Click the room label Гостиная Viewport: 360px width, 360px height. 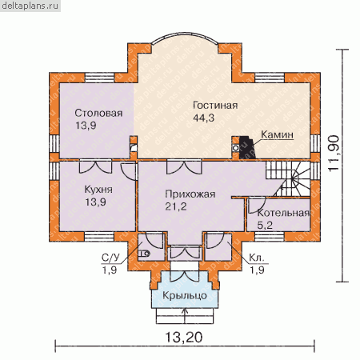click(215, 106)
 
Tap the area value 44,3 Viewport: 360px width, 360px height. click(203, 118)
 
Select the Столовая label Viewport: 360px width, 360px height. click(98, 113)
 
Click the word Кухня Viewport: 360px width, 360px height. click(98, 190)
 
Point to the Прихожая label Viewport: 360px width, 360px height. click(190, 194)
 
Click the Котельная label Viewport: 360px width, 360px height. click(283, 213)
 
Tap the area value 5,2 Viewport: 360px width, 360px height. click(265, 226)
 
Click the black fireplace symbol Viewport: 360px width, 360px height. click(247, 148)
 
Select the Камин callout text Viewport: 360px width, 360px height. click(277, 134)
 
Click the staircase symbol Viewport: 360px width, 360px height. click(288, 178)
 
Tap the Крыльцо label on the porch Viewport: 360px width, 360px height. click(185, 295)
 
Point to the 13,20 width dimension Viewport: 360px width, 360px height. click(184, 337)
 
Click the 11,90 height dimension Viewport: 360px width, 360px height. click(334, 154)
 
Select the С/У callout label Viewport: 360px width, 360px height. click(110, 258)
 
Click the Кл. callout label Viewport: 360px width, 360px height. click(257, 258)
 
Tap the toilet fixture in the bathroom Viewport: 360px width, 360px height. click(144, 254)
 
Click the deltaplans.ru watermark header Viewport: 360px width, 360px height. click(30, 6)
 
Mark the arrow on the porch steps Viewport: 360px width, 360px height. click(185, 315)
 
